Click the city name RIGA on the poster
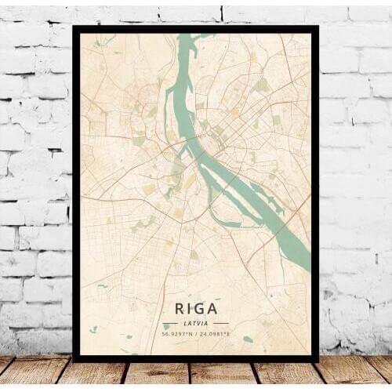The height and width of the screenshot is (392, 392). click(195, 309)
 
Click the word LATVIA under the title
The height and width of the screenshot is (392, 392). click(195, 323)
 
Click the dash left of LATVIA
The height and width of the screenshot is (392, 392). click(169, 323)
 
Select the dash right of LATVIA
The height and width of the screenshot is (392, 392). click(221, 323)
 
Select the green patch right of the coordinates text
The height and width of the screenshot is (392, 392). click(248, 339)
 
